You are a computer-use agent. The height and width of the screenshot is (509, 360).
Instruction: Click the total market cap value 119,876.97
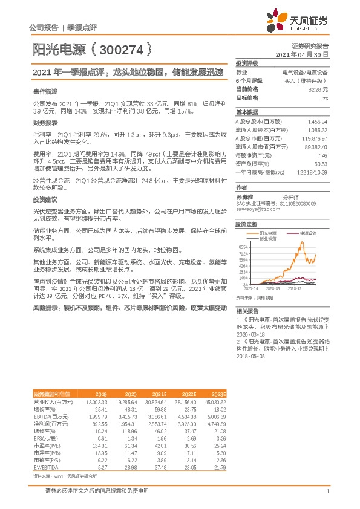coord(314,138)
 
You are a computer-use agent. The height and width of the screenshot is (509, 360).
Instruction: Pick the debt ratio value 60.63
coord(321,163)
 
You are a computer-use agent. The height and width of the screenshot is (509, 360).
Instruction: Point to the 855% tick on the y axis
coord(243,247)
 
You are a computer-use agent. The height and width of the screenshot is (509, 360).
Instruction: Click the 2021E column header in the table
coord(159,394)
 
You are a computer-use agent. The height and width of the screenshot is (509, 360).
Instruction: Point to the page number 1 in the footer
coord(327,491)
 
